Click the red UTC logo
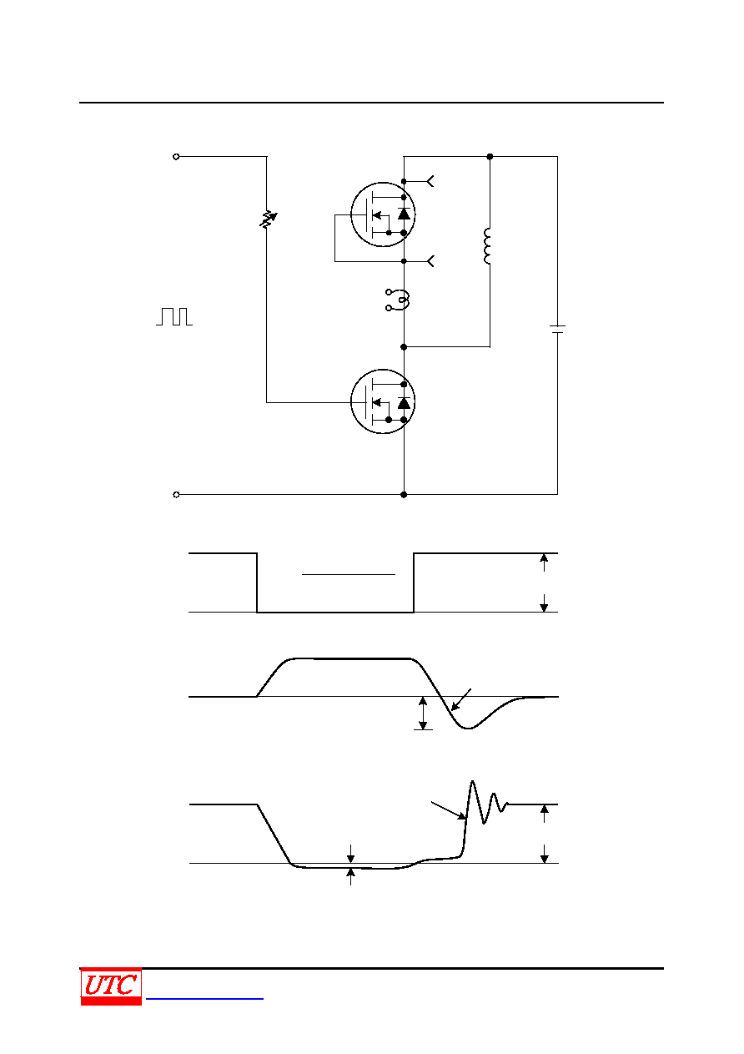[x=111, y=986]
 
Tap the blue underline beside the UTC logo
[x=204, y=998]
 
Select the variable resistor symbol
[x=268, y=219]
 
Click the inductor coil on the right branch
[x=487, y=246]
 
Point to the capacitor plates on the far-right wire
[x=557, y=329]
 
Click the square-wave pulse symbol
[x=174, y=316]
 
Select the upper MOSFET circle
[x=383, y=214]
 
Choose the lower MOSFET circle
[x=383, y=401]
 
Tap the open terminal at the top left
[x=176, y=157]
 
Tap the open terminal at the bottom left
[x=176, y=495]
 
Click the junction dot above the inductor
[x=490, y=157]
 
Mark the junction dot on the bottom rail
[x=404, y=495]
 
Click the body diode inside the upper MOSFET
[x=404, y=214]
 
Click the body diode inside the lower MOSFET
[x=404, y=403]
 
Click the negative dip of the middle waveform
[x=468, y=728]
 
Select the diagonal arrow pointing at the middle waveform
[x=461, y=699]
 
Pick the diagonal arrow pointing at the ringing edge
[x=448, y=810]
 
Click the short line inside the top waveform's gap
[x=349, y=574]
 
